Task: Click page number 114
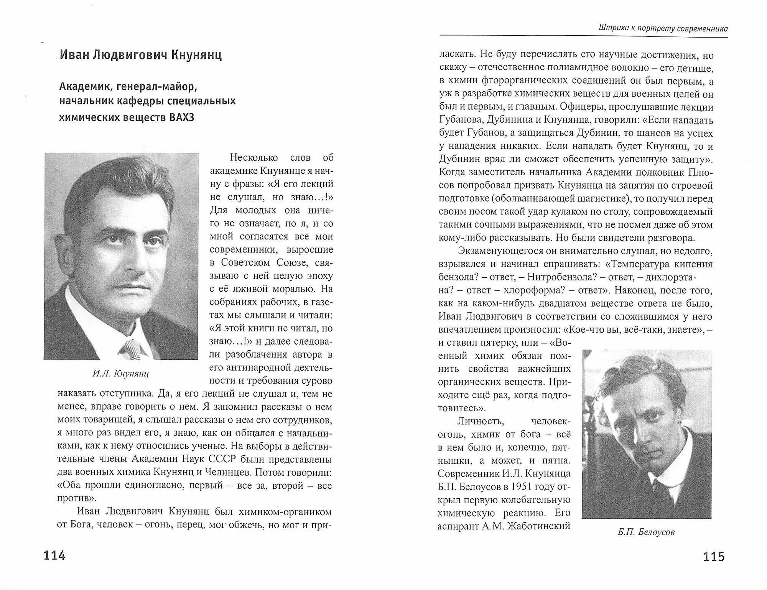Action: [x=54, y=555]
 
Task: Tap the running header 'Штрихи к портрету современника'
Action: [x=658, y=28]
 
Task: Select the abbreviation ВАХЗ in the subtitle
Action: [x=181, y=117]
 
